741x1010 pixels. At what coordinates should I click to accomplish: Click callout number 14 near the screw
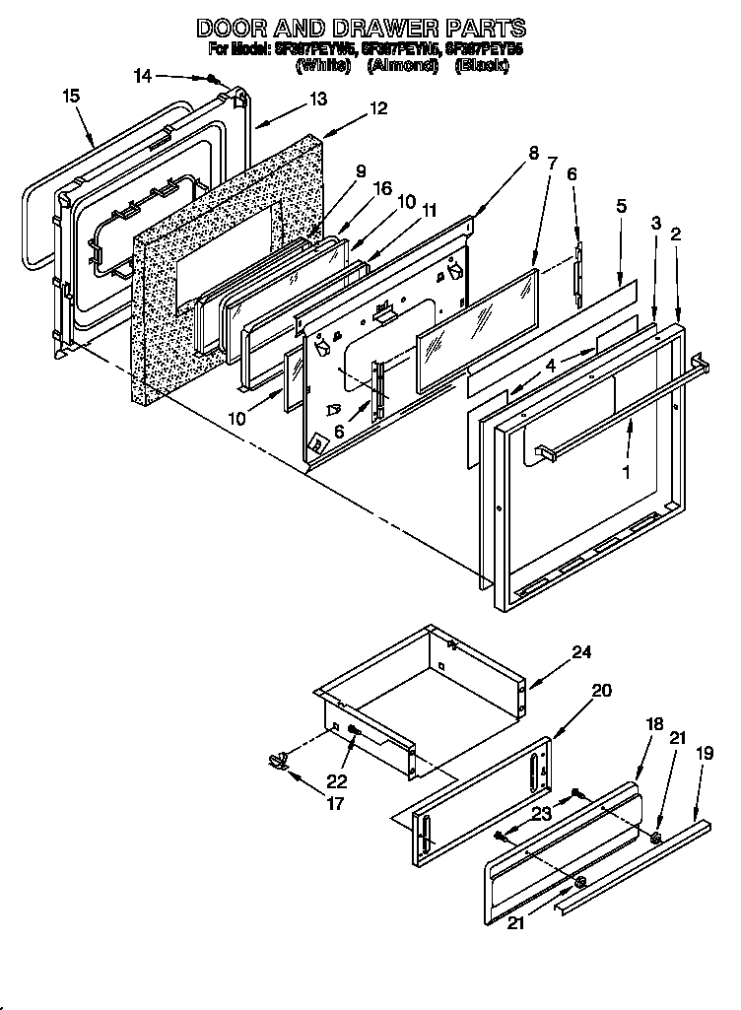tap(144, 75)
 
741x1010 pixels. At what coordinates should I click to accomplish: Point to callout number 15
tap(70, 96)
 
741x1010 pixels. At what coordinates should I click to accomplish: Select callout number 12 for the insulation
tap(378, 109)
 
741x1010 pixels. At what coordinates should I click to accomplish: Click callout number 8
tap(533, 153)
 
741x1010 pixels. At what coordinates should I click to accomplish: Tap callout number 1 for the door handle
tap(624, 472)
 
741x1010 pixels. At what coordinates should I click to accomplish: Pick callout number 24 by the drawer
tap(581, 651)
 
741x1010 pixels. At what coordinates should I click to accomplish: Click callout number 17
tap(336, 803)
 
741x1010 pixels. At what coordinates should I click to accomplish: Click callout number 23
tap(541, 813)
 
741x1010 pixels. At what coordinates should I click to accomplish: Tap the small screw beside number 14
tap(212, 80)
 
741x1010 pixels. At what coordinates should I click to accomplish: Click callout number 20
tap(601, 691)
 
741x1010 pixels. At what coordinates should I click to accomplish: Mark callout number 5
tap(622, 206)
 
